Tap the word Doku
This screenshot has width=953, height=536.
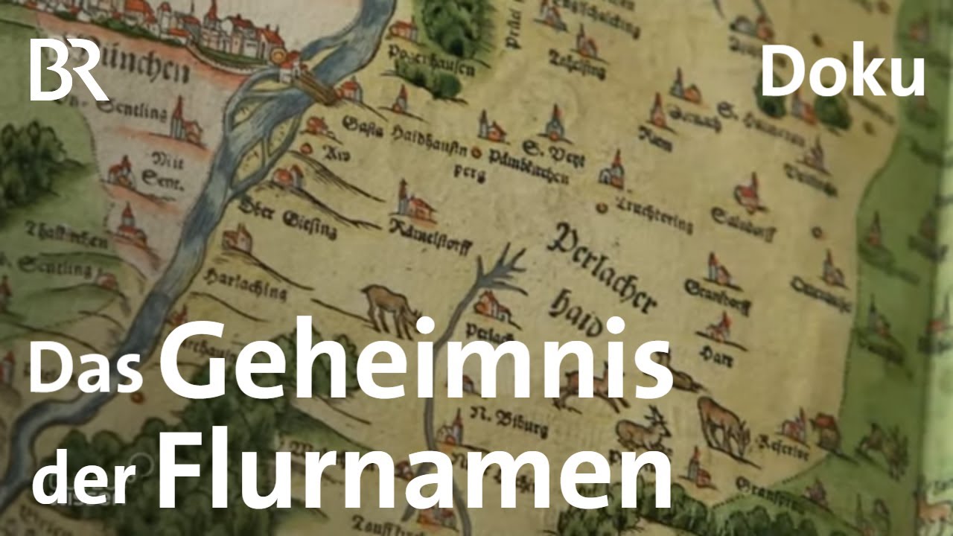click(x=842, y=74)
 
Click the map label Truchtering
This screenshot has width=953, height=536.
click(x=654, y=216)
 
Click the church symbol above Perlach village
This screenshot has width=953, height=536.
click(x=491, y=301)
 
